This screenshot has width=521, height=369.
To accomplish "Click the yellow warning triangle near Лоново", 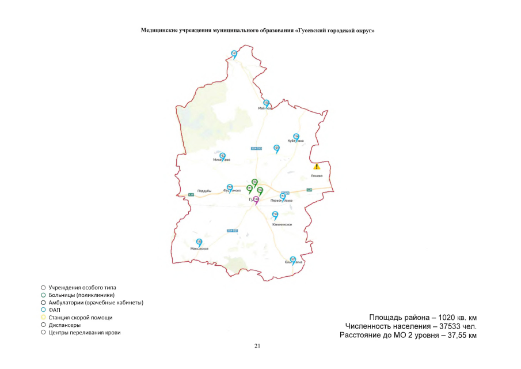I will pyautogui.click(x=316, y=167).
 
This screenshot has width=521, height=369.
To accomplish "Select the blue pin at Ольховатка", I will pyautogui.click(x=293, y=259).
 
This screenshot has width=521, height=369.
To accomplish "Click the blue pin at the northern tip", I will pyautogui.click(x=234, y=54).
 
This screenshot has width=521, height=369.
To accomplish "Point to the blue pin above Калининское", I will pyautogui.click(x=275, y=215).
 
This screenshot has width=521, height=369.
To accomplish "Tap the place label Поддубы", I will pyautogui.click(x=205, y=190).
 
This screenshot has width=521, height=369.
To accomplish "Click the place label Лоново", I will pyautogui.click(x=317, y=176).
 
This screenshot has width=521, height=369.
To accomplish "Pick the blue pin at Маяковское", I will pyautogui.click(x=199, y=242).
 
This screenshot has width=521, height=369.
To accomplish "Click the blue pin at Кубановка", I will pyautogui.click(x=296, y=137).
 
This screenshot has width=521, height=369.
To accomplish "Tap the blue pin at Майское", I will pyautogui.click(x=266, y=103).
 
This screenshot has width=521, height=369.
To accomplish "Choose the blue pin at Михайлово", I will pyautogui.click(x=223, y=156).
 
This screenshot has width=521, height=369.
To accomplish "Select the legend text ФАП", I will pyautogui.click(x=55, y=310).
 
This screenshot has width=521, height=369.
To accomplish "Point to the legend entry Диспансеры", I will pyautogui.click(x=64, y=325).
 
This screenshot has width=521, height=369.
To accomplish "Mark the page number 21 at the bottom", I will pyautogui.click(x=257, y=346).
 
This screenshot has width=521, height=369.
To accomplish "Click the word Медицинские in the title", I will pyautogui.click(x=160, y=30).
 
